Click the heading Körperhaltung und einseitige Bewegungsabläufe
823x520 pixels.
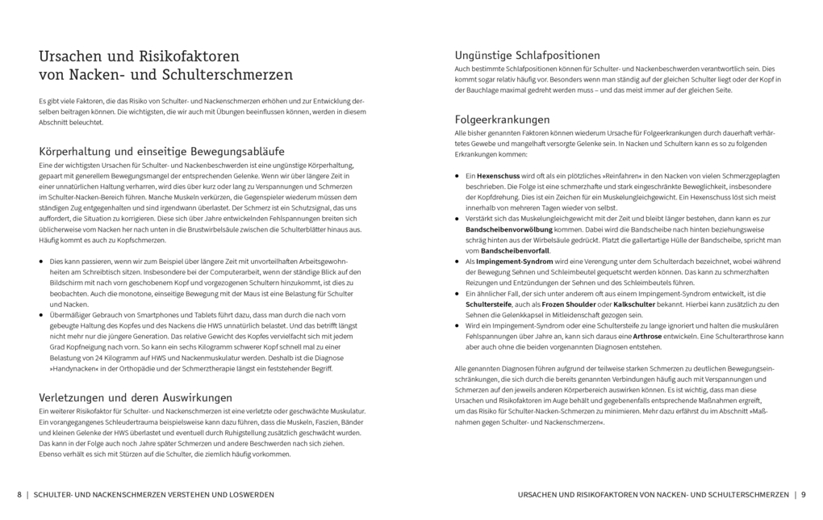pos(161,151)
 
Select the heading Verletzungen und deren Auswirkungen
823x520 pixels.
pos(136,397)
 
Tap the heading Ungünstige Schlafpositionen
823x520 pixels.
pos(527,56)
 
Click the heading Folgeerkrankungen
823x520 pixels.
pos(502,119)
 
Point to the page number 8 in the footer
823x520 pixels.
pos(19,494)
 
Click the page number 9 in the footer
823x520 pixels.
pos(804,494)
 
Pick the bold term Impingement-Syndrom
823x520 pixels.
pos(515,262)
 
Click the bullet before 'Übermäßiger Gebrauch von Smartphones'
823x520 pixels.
pos(42,316)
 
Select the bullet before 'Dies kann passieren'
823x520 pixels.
pos(42,262)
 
